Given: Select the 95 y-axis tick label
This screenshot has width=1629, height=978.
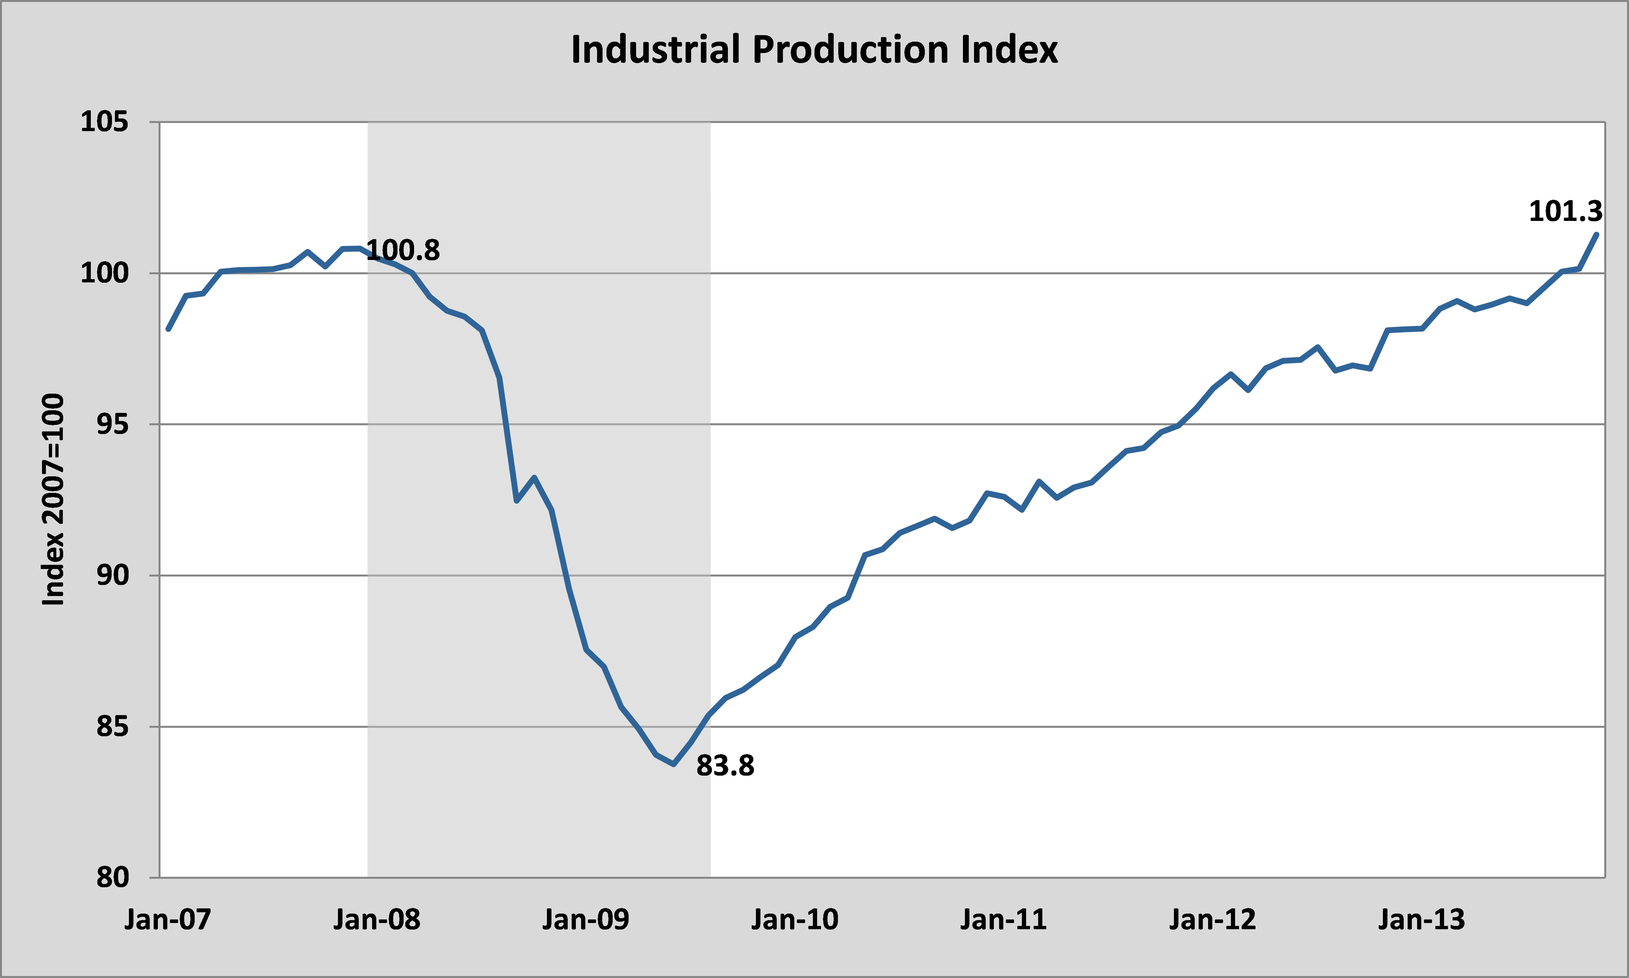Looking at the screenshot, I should coord(112,425).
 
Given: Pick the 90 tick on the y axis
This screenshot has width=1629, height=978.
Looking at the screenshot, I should coord(112,576).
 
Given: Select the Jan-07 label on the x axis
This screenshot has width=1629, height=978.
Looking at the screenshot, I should coord(168,919).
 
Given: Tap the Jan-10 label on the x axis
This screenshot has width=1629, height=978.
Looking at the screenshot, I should coord(795,919).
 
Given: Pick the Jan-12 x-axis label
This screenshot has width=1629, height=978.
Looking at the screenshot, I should coord(1212,919).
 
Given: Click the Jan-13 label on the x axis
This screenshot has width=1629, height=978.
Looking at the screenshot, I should coord(1422,919).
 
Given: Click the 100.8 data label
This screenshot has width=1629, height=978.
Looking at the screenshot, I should coord(403,250).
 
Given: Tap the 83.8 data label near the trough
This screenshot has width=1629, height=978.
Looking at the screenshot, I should coord(725,766).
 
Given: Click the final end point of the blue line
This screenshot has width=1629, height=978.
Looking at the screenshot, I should coord(1596,234).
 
